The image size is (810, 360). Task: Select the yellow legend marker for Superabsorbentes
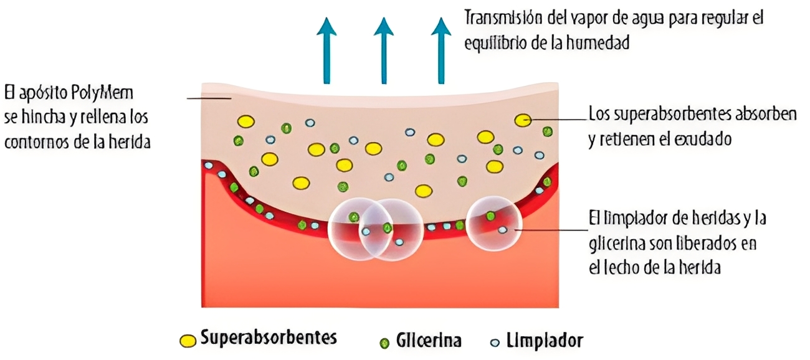pyautogui.click(x=187, y=341)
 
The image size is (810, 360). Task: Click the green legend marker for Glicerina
pyautogui.click(x=384, y=342)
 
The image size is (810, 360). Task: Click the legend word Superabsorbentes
pyautogui.click(x=269, y=338)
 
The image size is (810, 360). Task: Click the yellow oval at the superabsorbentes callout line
pyautogui.click(x=523, y=120)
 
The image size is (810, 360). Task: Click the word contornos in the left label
pyautogui.click(x=37, y=142)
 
